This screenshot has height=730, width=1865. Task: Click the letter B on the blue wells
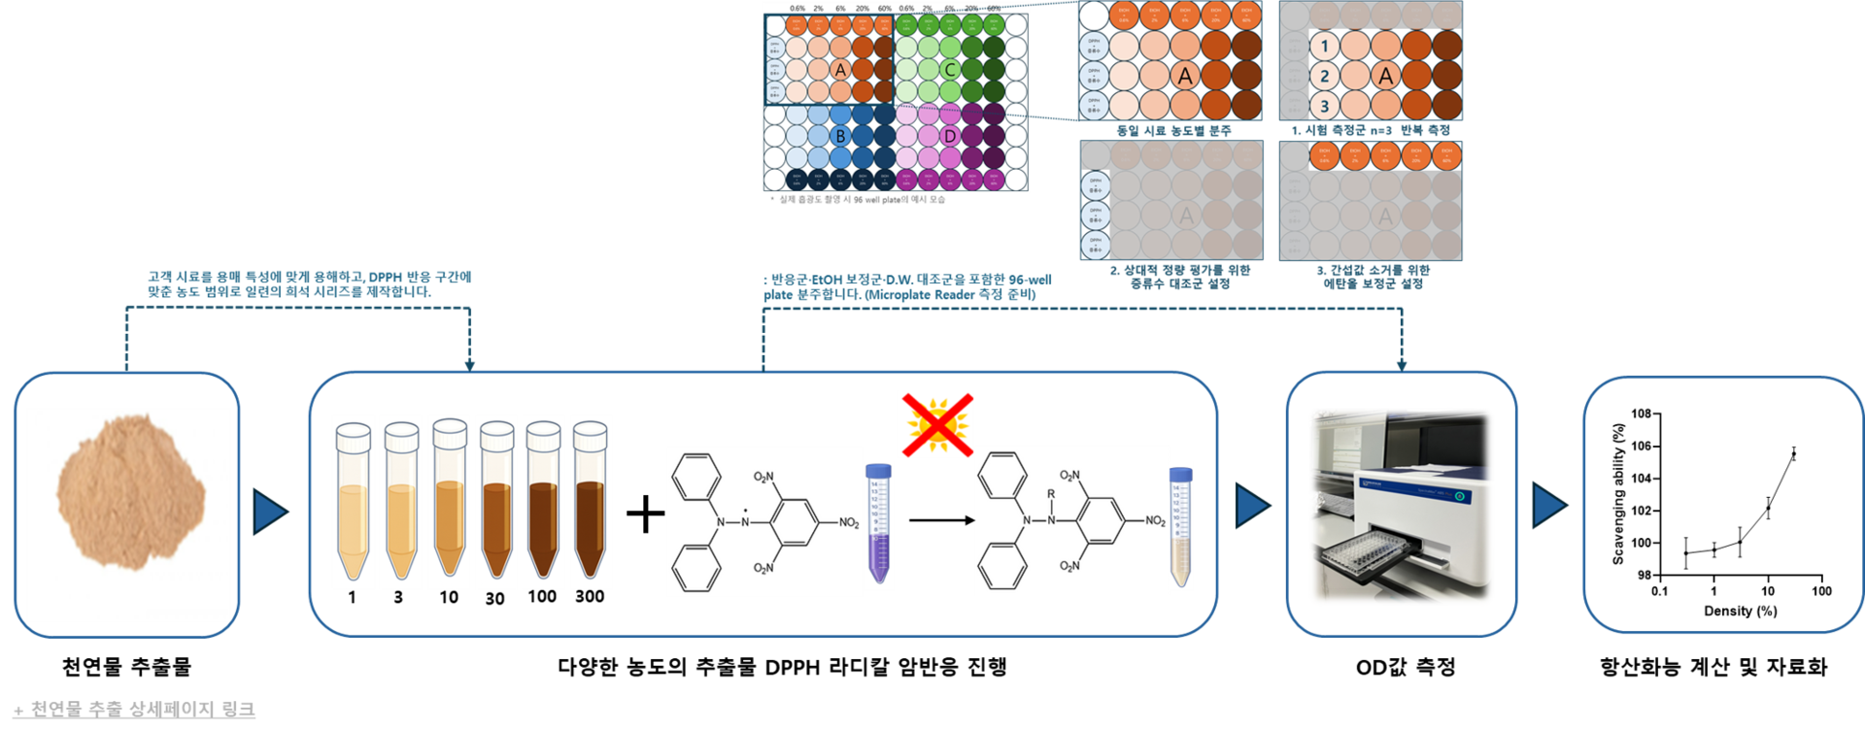point(840,137)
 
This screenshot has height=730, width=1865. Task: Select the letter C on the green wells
point(950,70)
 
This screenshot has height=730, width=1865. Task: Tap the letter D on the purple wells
point(950,137)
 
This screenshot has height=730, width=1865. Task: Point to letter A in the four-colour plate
point(840,70)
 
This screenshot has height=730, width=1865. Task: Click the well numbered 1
point(1324,46)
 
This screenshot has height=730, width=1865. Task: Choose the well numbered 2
point(1324,76)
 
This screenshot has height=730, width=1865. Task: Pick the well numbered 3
point(1324,106)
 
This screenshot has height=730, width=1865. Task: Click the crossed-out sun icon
point(935,424)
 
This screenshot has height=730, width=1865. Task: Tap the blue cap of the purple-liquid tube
point(878,471)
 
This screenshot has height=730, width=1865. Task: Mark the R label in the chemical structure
point(1050,494)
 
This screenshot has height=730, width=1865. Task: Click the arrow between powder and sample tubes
point(270,511)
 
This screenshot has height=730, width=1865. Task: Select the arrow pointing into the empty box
point(1549,506)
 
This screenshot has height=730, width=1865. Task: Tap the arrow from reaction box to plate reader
point(1252,506)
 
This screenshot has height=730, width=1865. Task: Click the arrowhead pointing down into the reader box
point(1402,363)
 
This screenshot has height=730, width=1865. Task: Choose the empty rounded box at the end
point(1722,505)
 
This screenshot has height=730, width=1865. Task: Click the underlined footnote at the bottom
point(135,710)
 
